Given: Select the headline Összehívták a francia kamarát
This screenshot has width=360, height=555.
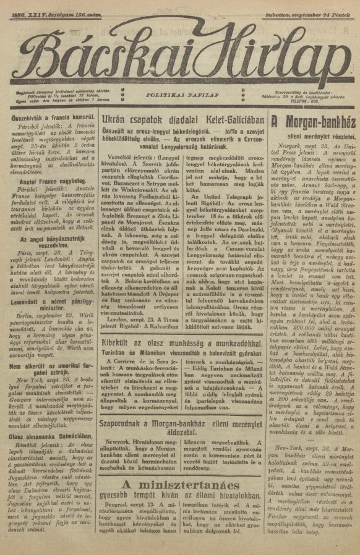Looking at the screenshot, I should click(47, 116).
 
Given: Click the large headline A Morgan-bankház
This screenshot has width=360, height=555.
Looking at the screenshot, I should click(313, 121).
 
